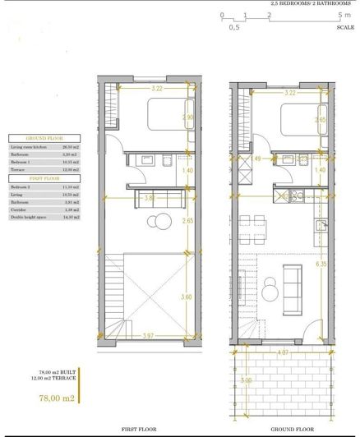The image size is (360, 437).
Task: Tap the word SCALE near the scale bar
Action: coord(346,27)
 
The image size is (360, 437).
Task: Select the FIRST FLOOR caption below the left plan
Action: coord(147,429)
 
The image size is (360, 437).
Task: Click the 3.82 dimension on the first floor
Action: coord(147,198)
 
